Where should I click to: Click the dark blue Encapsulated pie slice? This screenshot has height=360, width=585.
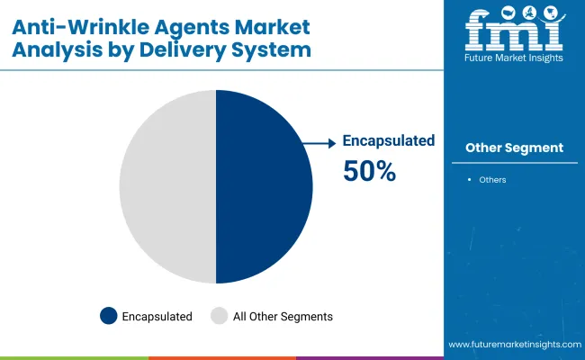tap(264, 186)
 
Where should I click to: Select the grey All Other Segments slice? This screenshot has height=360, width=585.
tap(167, 186)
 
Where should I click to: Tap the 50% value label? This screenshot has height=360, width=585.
tap(369, 171)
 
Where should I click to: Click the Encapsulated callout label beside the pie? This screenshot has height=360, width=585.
tap(389, 140)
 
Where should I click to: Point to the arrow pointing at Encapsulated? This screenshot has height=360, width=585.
tap(319, 143)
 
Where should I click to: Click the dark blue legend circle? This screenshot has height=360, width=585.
tap(109, 316)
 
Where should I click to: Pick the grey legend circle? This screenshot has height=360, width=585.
tap(219, 316)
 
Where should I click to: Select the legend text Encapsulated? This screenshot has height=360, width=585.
tap(157, 317)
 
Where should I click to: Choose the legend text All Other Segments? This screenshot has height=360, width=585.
tap(283, 317)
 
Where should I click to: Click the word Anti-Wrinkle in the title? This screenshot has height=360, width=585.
tap(81, 27)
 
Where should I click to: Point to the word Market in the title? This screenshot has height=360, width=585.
tap(273, 27)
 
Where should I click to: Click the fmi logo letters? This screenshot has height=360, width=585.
tap(514, 29)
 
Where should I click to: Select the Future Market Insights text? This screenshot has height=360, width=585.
tap(514, 58)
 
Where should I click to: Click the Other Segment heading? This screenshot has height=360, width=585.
tap(515, 148)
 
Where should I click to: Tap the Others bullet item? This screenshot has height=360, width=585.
tap(492, 180)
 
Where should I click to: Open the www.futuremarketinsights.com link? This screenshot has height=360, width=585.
tap(515, 345)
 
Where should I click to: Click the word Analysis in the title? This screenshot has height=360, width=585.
tap(57, 50)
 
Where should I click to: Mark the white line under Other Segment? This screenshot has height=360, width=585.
tap(515, 163)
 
